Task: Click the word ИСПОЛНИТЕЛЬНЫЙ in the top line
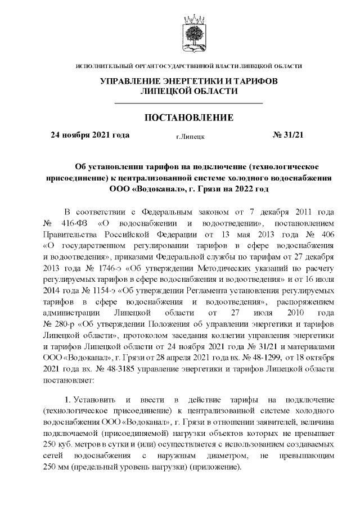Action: [x=101, y=67]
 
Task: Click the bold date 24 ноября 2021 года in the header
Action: [x=90, y=136]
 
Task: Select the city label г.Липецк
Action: [x=190, y=136]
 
